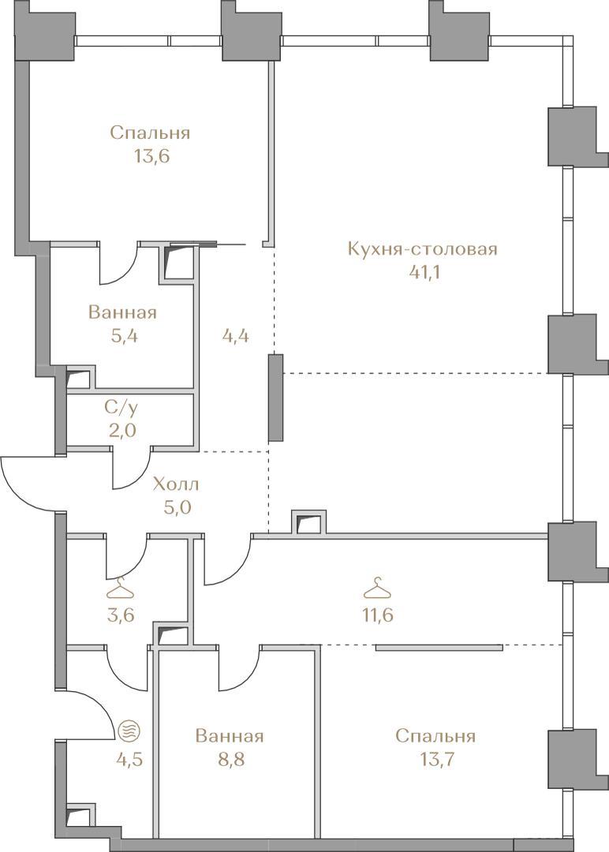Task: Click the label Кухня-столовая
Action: click(422, 248)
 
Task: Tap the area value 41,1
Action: click(424, 271)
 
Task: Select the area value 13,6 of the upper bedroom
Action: click(151, 156)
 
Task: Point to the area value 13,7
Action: click(435, 759)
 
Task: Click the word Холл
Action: click(176, 484)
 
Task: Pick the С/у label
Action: click(121, 407)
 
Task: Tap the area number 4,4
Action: click(236, 336)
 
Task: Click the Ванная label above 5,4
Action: click(123, 312)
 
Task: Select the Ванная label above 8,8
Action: click(230, 736)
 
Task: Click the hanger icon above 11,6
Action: click(378, 588)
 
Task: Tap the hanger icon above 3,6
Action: click(120, 589)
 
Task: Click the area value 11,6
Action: click(379, 615)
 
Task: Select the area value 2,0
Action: click(121, 431)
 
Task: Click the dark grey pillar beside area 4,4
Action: click(276, 398)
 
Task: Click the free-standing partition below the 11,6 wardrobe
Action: click(439, 647)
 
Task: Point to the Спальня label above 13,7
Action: click(435, 736)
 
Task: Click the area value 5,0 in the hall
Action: click(176, 507)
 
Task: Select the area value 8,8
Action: click(230, 759)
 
